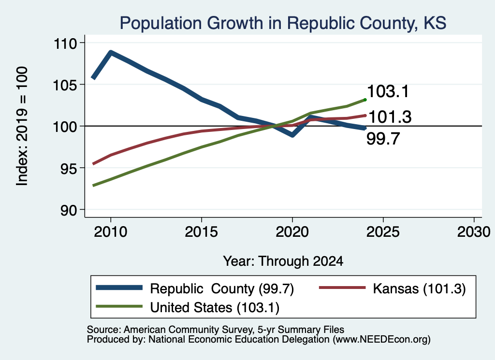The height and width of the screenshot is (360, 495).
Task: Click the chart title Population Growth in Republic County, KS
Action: point(283,23)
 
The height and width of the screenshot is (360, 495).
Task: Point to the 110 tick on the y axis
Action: point(65,43)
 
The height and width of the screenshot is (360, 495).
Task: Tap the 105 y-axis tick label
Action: point(65,85)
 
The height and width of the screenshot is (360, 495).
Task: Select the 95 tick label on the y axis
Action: point(69,169)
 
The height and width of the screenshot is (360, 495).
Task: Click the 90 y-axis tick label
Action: point(69,210)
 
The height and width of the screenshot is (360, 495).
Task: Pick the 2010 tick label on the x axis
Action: point(111,232)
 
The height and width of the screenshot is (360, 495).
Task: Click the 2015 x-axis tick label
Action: point(202,232)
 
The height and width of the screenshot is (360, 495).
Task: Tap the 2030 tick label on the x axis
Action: point(474,232)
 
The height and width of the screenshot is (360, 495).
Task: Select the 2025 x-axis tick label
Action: point(383,232)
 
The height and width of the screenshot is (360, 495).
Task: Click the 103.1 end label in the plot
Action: point(388,91)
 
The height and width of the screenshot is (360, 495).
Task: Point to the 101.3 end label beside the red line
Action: point(390,117)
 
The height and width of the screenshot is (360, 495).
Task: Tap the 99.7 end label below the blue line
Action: point(383,139)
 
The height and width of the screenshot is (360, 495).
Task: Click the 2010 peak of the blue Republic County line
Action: point(111,52)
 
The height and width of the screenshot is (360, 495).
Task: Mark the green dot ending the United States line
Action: point(365,100)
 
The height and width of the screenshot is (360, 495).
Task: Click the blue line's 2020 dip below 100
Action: point(292,135)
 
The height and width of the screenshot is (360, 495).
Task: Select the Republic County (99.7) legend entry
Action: point(195,288)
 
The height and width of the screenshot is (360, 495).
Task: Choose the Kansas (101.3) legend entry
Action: point(393,288)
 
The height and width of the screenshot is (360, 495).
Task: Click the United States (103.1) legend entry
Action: point(188,307)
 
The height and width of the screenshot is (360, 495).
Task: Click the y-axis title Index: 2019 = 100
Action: point(22,126)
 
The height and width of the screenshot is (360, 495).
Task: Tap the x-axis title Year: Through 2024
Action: point(283,261)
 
